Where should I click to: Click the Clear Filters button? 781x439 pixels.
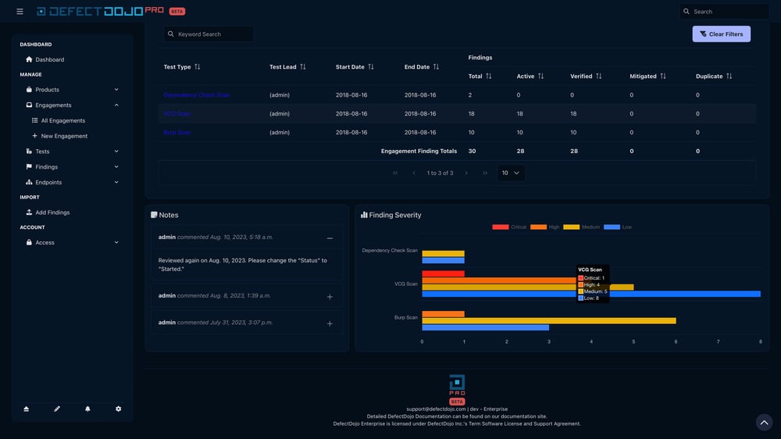point(721,34)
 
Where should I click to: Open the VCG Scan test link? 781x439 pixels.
point(177,114)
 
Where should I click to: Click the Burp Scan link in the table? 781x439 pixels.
point(177,133)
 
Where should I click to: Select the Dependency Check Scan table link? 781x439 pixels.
point(196,95)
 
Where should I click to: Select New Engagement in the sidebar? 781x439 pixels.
point(63,136)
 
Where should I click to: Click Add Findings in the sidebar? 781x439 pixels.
point(52,212)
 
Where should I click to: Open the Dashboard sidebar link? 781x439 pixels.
point(49,59)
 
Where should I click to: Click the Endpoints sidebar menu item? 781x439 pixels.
point(48,182)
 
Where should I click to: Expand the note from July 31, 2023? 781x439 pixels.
point(330,323)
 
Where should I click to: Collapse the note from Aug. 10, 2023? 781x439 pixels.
point(330,238)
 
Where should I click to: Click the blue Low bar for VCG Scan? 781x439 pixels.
point(590,294)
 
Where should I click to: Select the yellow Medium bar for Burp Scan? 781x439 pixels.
point(548,320)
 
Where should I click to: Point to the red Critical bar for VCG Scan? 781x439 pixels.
point(443,274)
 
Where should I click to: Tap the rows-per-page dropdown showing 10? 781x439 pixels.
point(512,173)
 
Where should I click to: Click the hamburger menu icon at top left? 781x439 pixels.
point(20,12)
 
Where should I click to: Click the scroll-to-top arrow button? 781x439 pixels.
point(765,422)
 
